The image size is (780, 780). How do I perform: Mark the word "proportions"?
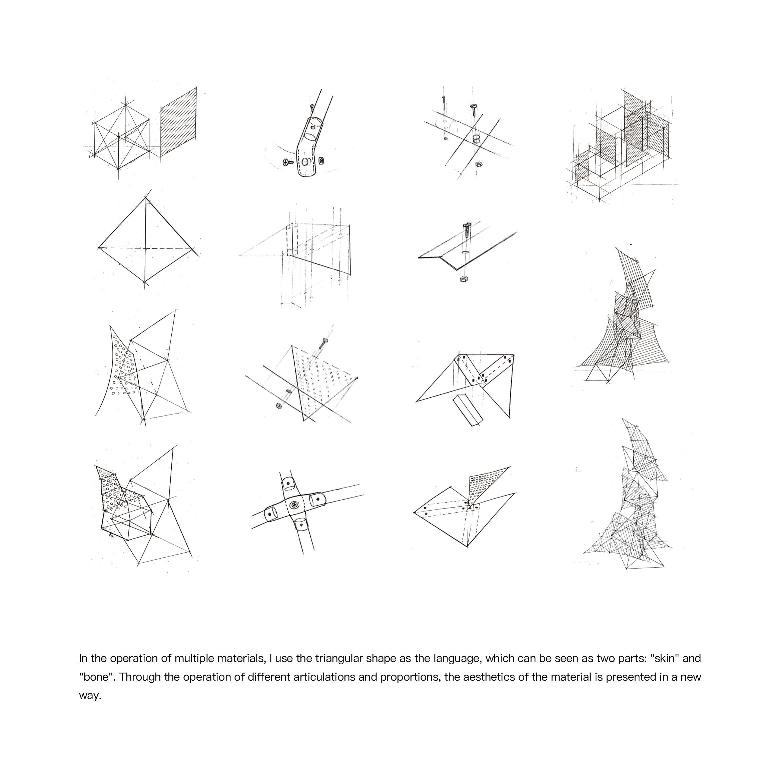[410, 677]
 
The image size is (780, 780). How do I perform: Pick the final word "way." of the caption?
[90, 696]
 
